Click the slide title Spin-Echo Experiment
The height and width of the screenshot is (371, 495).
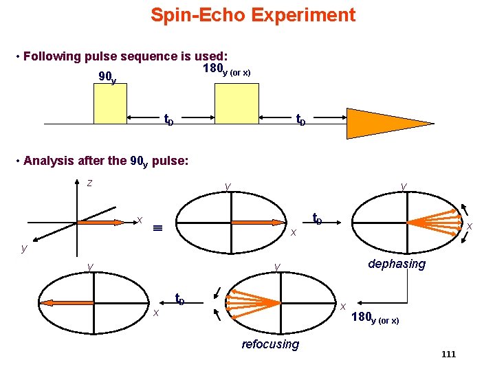(253, 15)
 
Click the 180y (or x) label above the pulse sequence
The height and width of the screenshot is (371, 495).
(227, 69)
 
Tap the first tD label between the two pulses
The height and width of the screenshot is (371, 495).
(168, 120)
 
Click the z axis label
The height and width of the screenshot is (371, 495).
(89, 183)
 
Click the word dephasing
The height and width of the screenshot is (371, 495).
(397, 264)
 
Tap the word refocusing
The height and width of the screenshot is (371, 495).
(270, 344)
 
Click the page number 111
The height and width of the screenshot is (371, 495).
(448, 354)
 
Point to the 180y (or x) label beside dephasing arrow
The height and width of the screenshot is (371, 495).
(375, 317)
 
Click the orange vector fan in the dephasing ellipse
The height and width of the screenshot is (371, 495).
(433, 222)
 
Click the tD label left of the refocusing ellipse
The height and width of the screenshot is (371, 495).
(179, 299)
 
